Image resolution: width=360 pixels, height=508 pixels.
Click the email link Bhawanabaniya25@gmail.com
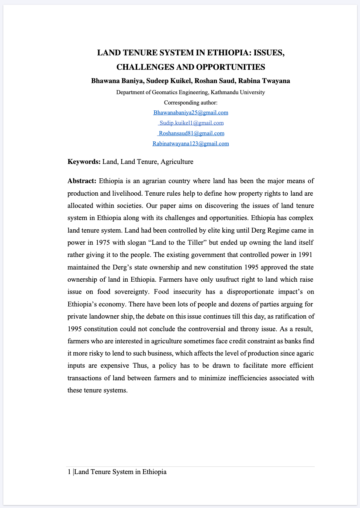191,113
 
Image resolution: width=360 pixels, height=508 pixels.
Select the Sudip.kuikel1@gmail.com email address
191,123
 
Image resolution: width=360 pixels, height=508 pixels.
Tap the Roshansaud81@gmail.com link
191,133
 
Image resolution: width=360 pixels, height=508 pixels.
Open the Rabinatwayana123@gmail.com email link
191,144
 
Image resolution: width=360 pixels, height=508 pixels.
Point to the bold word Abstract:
82,181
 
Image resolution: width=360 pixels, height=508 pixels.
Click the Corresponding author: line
191,103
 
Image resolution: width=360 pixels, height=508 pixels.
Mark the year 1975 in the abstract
103,243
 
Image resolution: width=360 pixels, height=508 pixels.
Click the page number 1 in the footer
69,472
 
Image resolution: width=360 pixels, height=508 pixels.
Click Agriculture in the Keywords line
177,162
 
